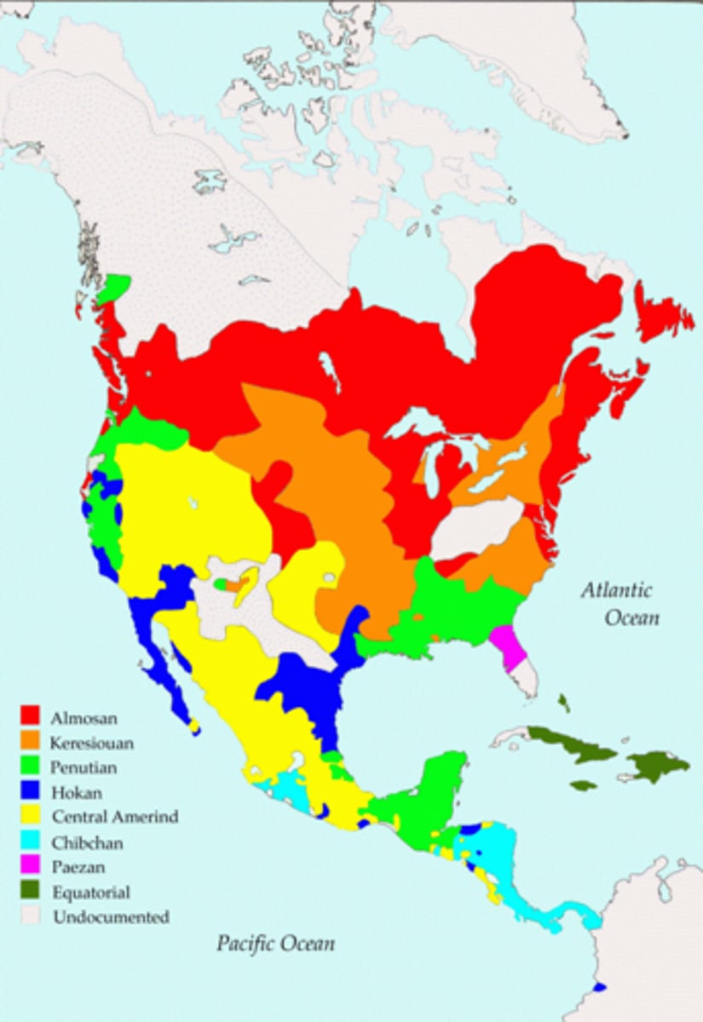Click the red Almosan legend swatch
pos(31,717)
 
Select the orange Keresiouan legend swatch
pos(31,743)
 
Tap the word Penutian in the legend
pos(84,767)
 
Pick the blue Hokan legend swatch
pos(31,793)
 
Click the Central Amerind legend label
pos(115,818)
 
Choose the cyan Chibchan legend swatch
pos(31,843)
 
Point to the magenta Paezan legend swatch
pos(31,868)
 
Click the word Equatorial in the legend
pos(91,893)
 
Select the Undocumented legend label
pos(111,917)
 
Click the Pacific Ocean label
pos(274,943)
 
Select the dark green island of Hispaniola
pos(656,765)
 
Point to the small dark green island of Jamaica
pos(583,785)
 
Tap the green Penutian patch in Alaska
pos(113,287)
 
